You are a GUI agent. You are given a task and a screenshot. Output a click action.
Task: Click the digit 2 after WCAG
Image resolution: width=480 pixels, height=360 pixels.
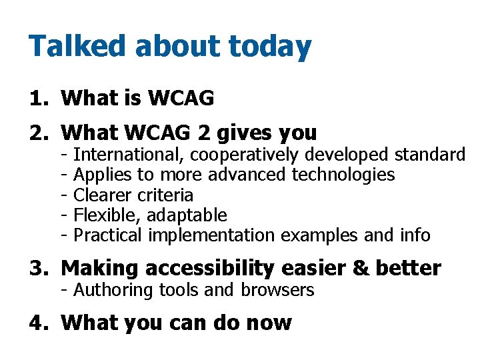[203, 133]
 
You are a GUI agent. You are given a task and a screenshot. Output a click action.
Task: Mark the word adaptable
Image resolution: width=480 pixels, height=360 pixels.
[187, 215]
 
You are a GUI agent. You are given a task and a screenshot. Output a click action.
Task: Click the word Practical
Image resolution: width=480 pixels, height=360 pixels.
[108, 235]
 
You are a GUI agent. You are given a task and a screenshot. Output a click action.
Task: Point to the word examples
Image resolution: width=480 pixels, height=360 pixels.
[321, 235]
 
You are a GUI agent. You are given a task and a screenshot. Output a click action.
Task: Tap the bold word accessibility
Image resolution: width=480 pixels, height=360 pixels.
[207, 269]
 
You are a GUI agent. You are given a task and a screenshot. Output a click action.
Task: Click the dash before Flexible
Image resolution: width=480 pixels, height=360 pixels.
[63, 215]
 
